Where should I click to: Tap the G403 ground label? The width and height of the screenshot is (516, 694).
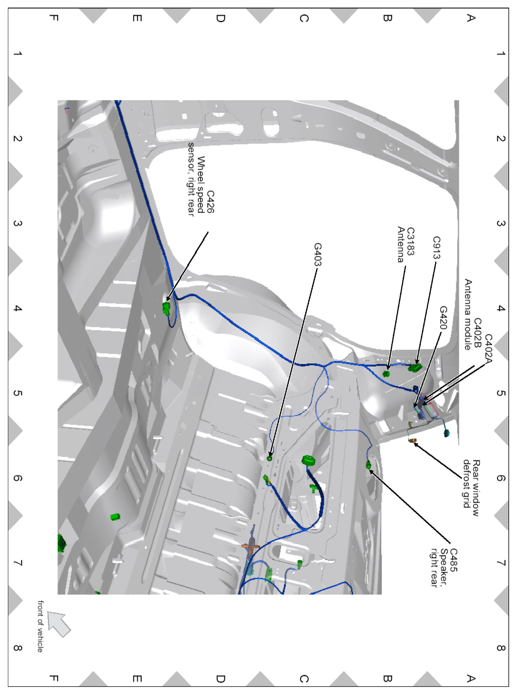point(318,254)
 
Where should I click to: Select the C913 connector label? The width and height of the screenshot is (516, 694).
point(436,248)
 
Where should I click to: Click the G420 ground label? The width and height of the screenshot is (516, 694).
point(443,318)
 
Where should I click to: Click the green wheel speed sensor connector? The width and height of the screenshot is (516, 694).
point(166,308)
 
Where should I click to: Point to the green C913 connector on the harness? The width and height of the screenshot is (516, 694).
point(415,368)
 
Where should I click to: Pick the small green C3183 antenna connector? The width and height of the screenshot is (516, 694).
point(386,373)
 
